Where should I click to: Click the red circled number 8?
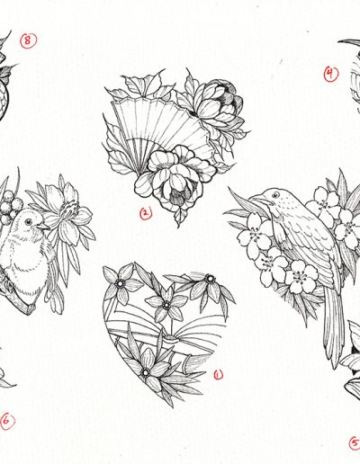pos(29,40)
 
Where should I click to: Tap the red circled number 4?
pos(331,74)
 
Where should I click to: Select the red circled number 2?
pos(146,213)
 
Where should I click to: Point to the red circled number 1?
pos(219,374)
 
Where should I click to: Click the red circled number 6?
pos(7,421)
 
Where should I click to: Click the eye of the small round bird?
pos(28,222)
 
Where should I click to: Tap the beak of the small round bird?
pos(44,227)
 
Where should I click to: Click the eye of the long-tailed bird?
pos(275,195)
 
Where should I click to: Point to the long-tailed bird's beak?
pos(257,199)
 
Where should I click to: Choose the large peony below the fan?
pos(175,177)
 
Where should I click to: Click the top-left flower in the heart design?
pos(121,282)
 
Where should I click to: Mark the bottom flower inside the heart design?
pos(147,371)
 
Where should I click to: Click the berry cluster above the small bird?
pos(11,207)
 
